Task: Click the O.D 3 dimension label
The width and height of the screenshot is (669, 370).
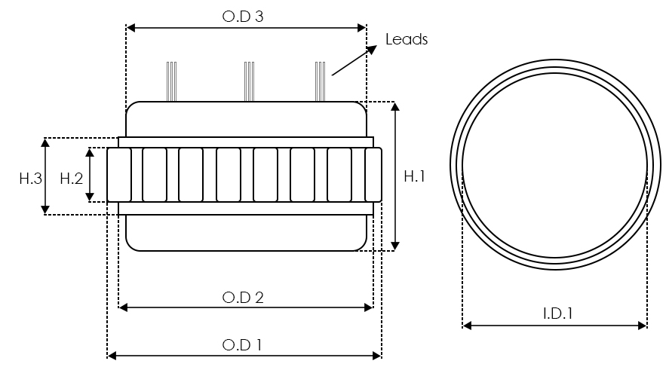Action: (243, 16)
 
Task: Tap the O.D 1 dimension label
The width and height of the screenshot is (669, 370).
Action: (243, 345)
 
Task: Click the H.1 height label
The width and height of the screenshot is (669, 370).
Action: (415, 176)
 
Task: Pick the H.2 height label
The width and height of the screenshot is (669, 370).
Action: (70, 178)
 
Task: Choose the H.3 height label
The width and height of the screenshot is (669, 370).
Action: (30, 178)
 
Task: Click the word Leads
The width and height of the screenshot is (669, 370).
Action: (407, 39)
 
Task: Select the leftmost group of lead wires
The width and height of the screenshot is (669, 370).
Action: (172, 81)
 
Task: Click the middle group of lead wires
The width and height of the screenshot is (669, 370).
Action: (249, 81)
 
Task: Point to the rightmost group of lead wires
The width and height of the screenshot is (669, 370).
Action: (320, 81)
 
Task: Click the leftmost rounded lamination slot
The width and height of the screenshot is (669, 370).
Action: (119, 175)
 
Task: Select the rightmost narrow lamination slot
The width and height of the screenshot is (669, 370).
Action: (373, 175)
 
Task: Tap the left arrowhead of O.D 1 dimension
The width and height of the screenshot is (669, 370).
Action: (112, 356)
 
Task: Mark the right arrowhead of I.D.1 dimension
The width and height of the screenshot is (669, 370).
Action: (643, 326)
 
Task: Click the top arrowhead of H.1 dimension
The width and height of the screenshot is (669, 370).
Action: (395, 106)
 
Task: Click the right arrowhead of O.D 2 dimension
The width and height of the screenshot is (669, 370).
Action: (369, 307)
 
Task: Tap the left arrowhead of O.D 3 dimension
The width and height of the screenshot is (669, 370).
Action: (130, 28)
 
